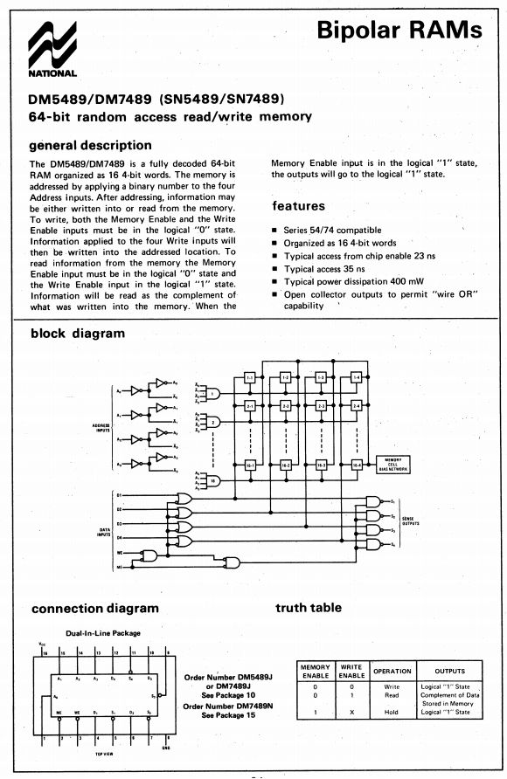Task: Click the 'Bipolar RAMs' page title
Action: [x=399, y=31]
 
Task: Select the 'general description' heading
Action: [x=90, y=145]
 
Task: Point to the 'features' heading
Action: [x=298, y=206]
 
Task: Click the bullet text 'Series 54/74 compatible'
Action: [x=332, y=229]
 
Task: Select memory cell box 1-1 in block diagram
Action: [x=249, y=377]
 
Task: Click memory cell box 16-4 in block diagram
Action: [x=355, y=467]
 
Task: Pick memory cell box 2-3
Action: [x=321, y=407]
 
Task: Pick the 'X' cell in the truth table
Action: [x=351, y=712]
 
